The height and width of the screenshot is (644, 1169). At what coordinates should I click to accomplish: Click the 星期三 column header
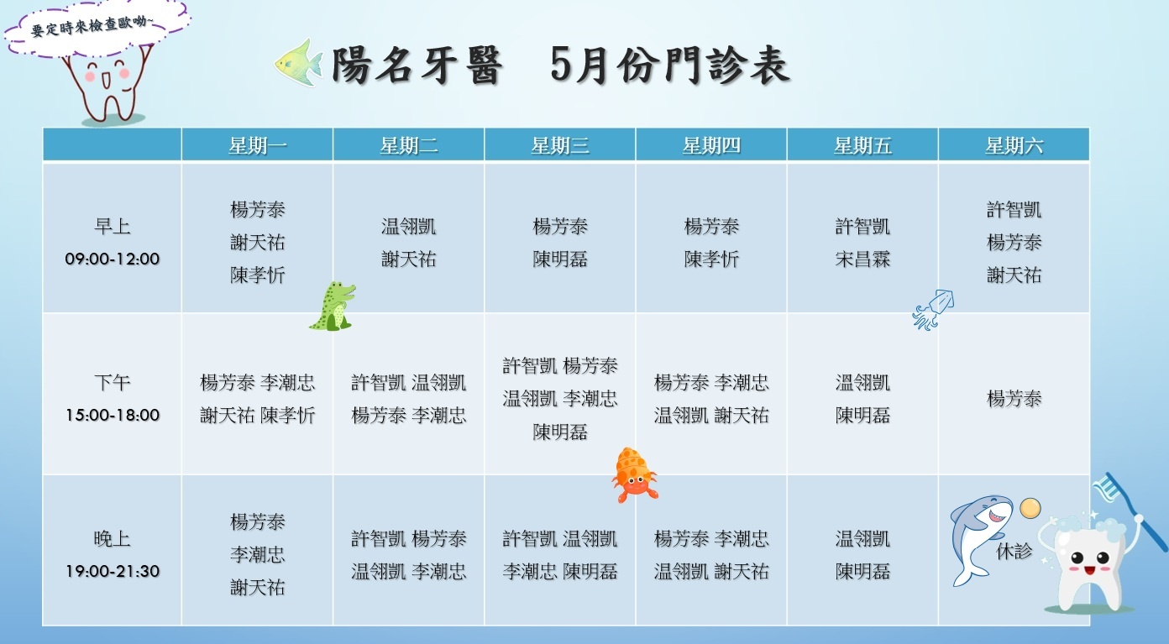pos(560,145)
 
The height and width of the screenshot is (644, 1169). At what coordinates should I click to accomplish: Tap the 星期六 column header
pos(1014,145)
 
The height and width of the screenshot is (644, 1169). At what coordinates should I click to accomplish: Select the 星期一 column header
pos(258,145)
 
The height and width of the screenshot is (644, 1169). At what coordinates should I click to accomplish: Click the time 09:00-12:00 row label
pos(113,259)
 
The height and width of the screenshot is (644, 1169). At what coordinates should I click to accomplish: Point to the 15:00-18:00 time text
pos(113,415)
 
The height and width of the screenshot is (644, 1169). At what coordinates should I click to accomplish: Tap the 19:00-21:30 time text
pos(113,571)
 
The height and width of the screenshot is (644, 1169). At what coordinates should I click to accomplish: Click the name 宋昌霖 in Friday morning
pos(862,259)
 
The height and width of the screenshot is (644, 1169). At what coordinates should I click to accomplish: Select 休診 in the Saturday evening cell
pos(1014,551)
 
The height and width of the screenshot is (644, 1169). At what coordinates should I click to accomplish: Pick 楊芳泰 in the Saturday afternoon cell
pos(1014,399)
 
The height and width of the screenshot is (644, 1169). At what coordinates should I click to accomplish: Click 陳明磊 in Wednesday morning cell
pos(560,259)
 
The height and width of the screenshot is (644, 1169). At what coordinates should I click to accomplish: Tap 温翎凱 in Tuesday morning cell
pos(409,227)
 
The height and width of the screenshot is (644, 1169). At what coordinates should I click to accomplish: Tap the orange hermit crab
pos(635,475)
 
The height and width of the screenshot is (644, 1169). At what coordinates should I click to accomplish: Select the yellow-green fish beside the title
pos(299,63)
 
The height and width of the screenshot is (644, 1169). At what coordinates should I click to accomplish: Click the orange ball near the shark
pos(1030,508)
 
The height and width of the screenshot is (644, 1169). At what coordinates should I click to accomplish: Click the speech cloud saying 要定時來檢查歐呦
pos(97,26)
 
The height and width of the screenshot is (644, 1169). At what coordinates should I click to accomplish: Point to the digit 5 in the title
pos(561,65)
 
